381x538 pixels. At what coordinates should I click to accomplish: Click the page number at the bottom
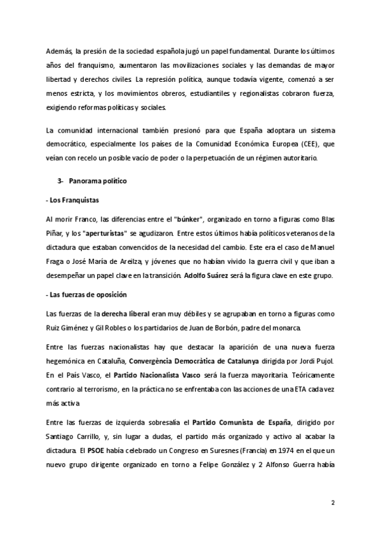coord(332,502)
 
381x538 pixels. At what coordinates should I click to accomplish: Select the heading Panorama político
coord(98,181)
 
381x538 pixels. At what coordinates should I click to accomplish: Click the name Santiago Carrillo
coord(71,437)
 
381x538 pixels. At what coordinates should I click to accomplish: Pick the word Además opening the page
coord(60,51)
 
